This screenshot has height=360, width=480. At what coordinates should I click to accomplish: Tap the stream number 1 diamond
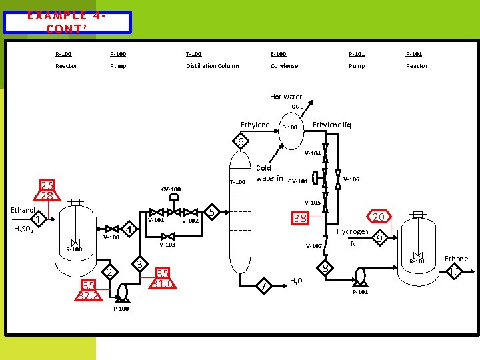pos(38,220)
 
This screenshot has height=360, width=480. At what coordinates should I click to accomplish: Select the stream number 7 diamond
pos(264,286)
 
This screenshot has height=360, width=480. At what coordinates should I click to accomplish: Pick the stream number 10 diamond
pos(455,272)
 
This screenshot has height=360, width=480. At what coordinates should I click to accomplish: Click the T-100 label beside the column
pos(238,181)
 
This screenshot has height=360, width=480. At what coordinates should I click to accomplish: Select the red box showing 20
pos(378,217)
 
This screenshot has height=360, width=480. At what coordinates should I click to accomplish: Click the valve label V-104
pos(313,153)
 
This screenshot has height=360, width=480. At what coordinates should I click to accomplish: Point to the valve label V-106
pos(351,179)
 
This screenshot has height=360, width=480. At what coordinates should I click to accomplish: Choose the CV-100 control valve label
pos(171,189)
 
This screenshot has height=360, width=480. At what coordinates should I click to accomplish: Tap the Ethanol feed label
pos(23,210)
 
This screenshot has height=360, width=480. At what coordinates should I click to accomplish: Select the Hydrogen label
pos(353,231)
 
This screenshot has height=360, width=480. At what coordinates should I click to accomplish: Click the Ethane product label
pos(456,259)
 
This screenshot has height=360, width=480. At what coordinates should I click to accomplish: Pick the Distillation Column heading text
pos(212,66)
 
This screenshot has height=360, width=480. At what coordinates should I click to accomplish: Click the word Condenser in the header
pos(285,66)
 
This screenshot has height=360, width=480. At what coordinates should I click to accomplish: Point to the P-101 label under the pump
pos(361,292)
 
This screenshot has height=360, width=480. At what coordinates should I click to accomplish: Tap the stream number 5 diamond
pos(211,212)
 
